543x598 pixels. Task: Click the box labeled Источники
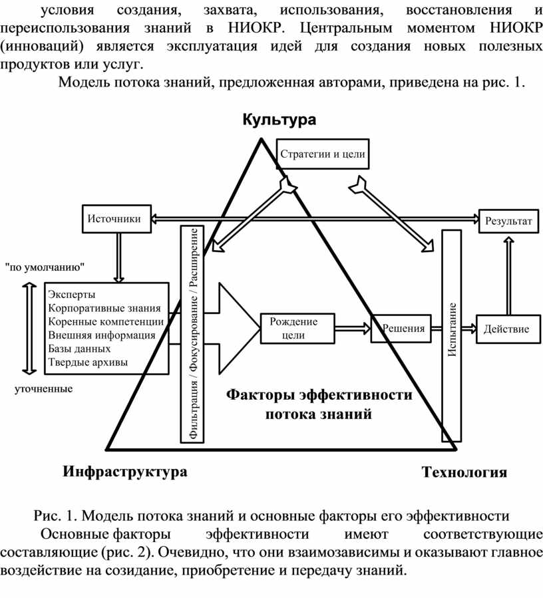(116, 219)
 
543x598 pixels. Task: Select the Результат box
(508, 221)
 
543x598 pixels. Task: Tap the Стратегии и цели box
(323, 154)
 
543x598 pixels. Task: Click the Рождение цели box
(297, 329)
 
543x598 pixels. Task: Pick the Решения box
(401, 329)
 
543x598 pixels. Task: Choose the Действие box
(508, 329)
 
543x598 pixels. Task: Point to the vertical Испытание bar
(451, 336)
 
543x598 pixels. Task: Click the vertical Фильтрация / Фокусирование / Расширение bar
(192, 334)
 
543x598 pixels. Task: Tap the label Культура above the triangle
(279, 120)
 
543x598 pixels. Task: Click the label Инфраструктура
(125, 472)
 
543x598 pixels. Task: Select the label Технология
(464, 472)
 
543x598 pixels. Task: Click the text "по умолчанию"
(45, 267)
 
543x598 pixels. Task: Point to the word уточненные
(43, 389)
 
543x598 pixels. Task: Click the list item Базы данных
(79, 349)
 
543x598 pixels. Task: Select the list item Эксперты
(72, 295)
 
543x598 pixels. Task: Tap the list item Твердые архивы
(88, 362)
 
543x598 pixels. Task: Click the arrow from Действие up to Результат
(508, 275)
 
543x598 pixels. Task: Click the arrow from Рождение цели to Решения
(353, 329)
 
